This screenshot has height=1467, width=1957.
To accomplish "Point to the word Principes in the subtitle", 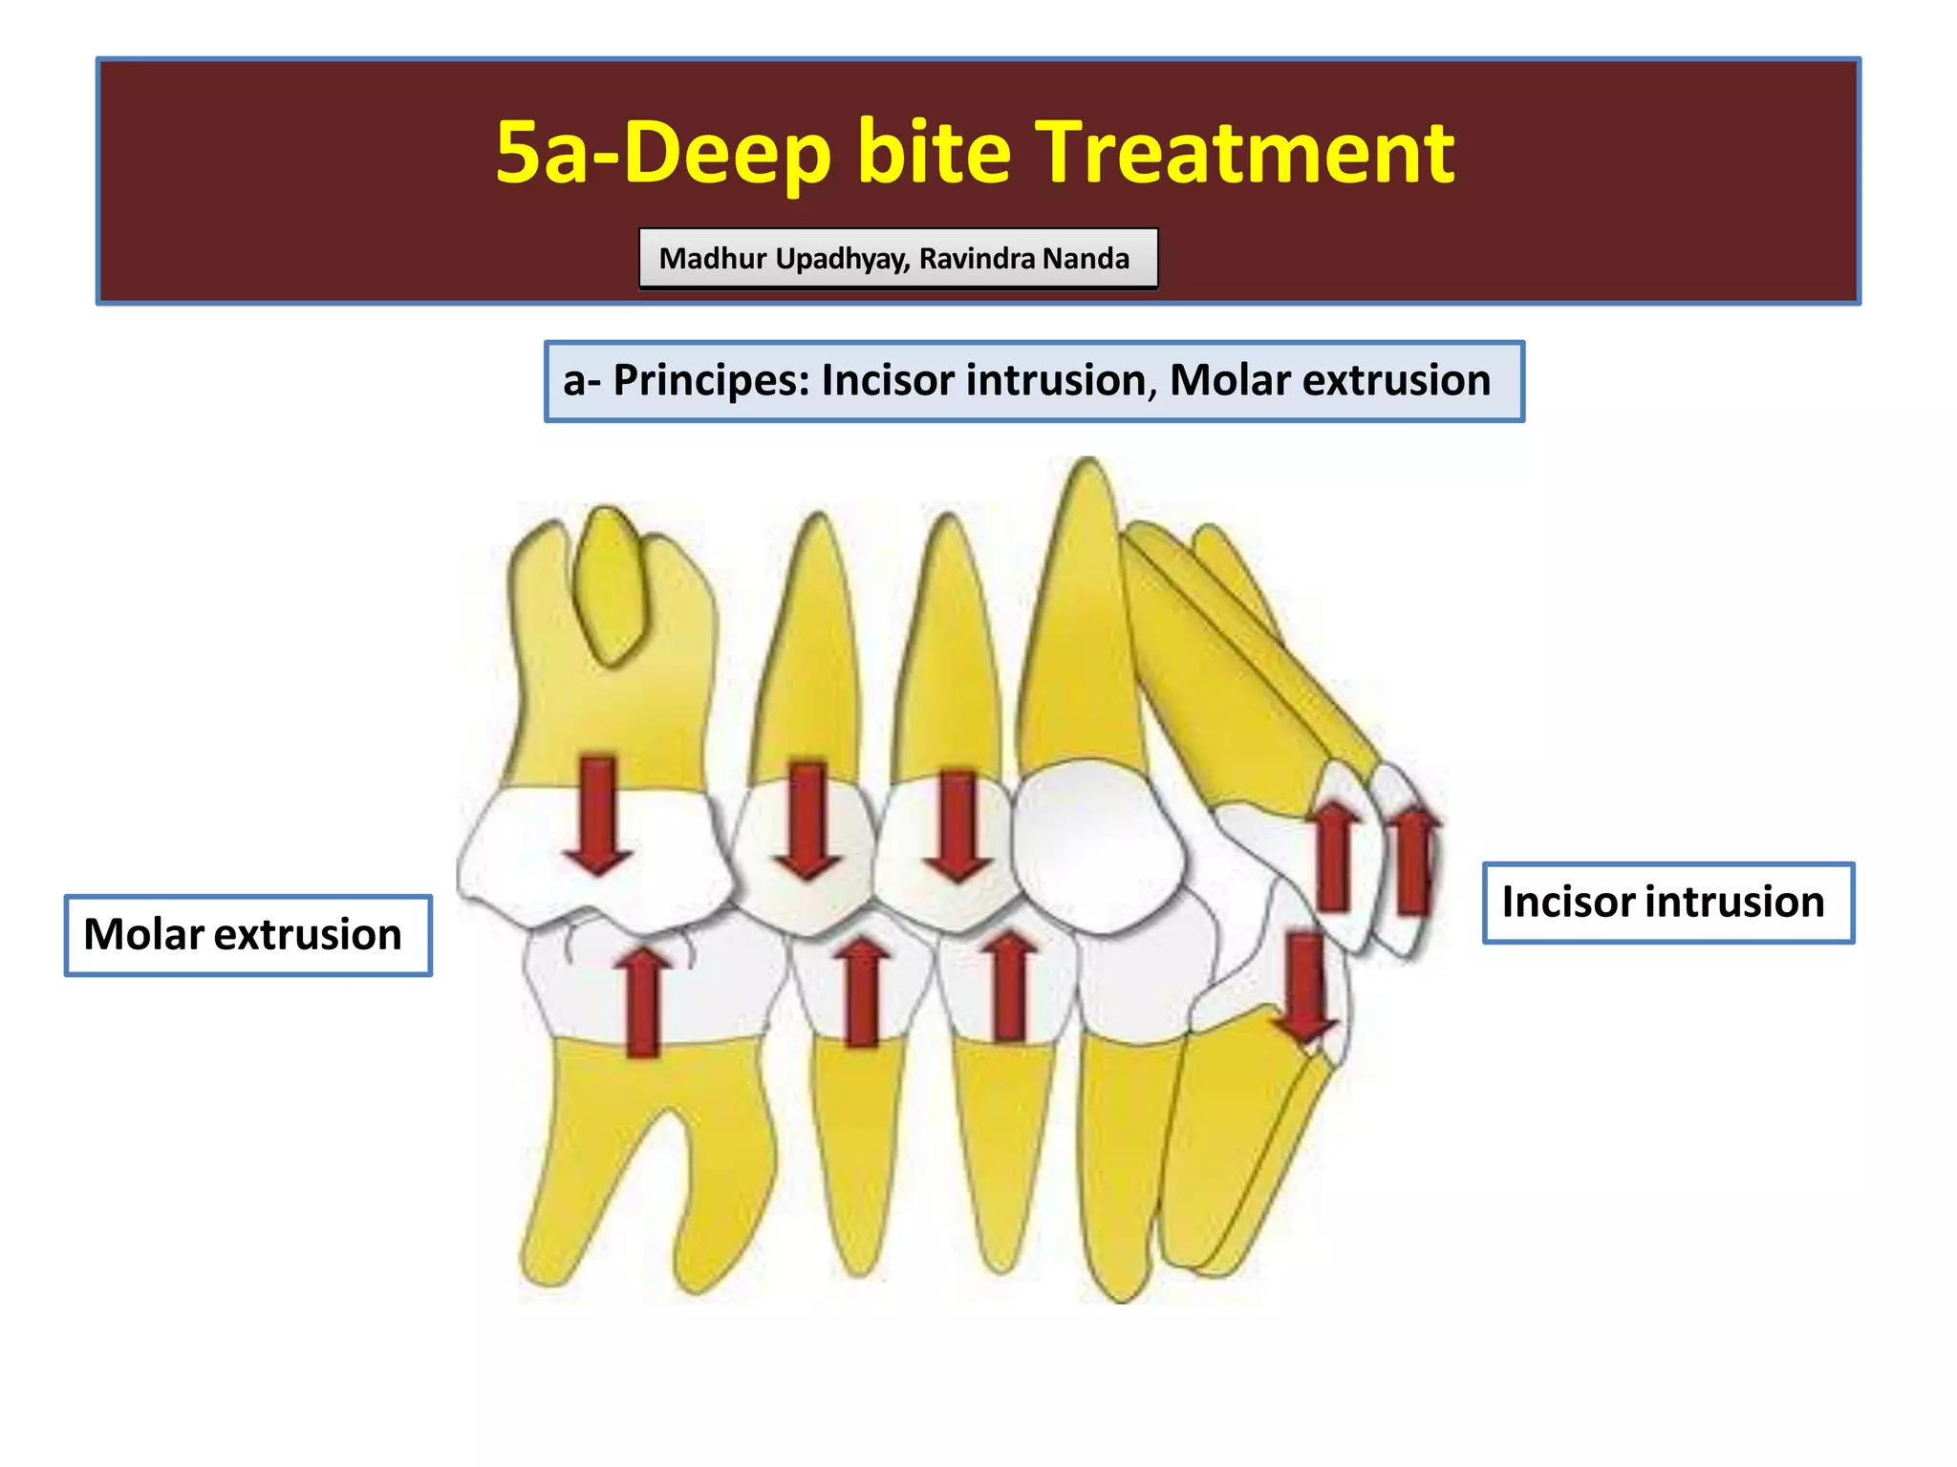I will (x=711, y=380).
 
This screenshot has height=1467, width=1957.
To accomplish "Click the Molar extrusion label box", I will (x=247, y=935).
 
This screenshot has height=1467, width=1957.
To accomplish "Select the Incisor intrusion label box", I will (x=1667, y=903).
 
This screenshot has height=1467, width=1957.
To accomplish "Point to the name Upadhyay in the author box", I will (x=843, y=259).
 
